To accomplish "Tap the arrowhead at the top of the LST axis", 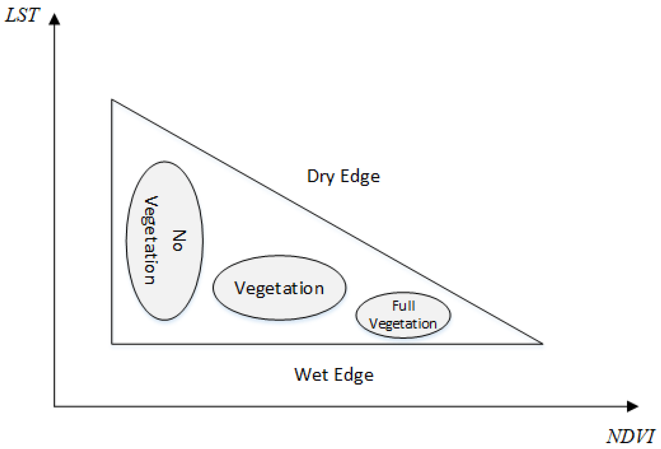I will point(54,19).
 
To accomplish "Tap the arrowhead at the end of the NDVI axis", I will point(633,406).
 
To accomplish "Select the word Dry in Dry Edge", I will point(320,177).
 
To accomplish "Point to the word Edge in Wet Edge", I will point(354,375).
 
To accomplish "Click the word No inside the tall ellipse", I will point(179,241).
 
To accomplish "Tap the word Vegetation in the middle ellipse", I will point(279,288).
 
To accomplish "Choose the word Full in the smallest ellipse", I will point(404,306).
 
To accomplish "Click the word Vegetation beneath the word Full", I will point(403,324).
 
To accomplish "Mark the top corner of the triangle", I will point(112,100).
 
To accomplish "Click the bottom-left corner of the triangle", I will point(112,344).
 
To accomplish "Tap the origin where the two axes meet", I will point(54,406).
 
